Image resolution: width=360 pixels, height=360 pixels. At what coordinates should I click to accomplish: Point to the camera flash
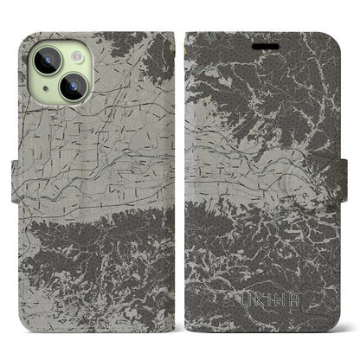point(75,55)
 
